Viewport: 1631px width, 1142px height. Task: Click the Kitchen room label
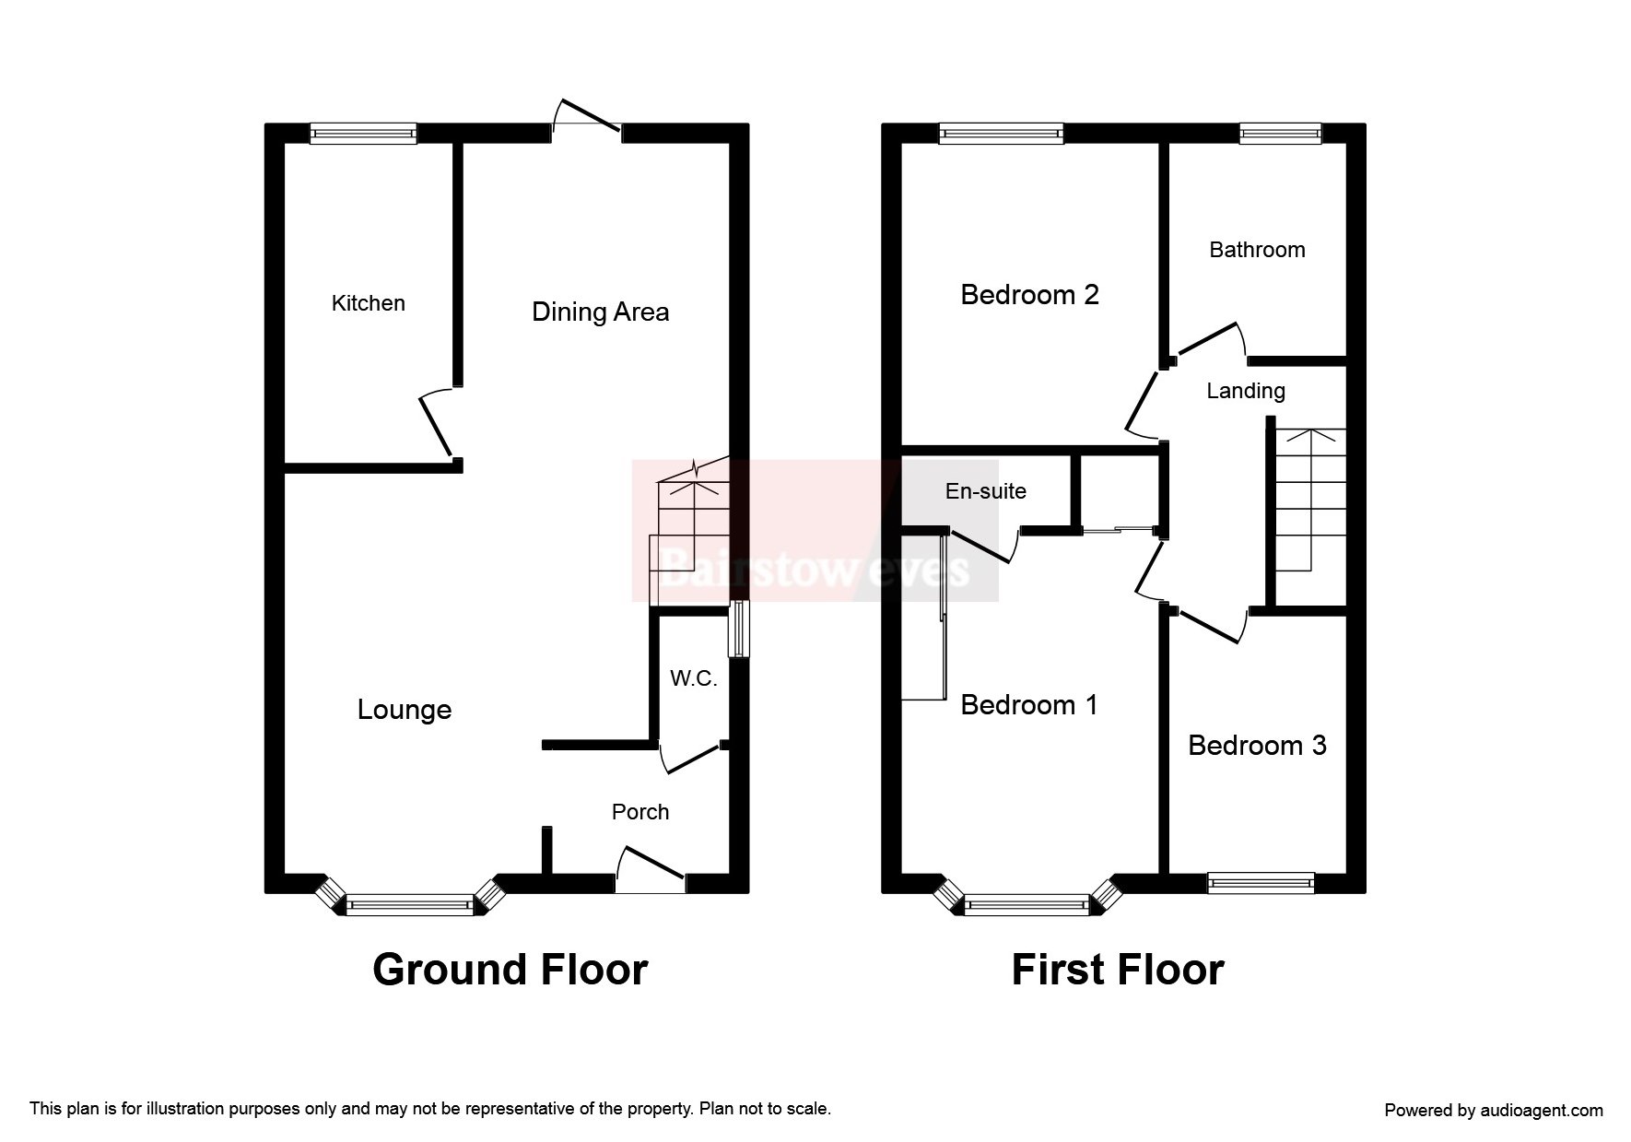(x=368, y=303)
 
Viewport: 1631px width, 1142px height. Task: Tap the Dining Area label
(x=600, y=312)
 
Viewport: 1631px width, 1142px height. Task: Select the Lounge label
(x=405, y=710)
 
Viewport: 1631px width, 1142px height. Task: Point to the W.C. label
(x=693, y=679)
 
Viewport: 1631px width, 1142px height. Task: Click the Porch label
(x=640, y=812)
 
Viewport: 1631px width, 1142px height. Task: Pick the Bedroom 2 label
(x=1029, y=295)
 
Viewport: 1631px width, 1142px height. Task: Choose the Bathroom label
(x=1257, y=250)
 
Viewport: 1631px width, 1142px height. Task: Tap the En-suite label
(x=985, y=491)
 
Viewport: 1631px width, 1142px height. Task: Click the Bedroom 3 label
(x=1257, y=746)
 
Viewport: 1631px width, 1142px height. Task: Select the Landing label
(x=1246, y=391)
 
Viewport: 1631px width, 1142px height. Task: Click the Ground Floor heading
(x=510, y=970)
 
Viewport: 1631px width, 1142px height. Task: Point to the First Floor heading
(x=1118, y=970)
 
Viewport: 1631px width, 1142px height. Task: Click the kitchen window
(x=363, y=135)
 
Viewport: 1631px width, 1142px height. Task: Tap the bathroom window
(x=1280, y=135)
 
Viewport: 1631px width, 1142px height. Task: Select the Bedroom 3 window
(x=1261, y=883)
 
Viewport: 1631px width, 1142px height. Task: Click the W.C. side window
(x=739, y=630)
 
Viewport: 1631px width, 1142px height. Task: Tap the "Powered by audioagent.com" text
(x=1493, y=1111)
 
